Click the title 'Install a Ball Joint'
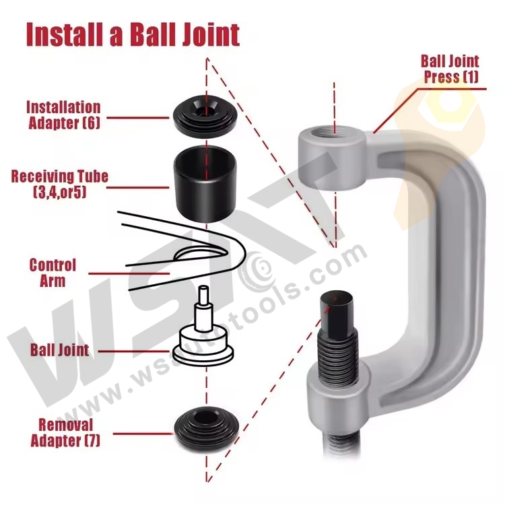(133, 34)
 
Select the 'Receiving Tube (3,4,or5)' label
(60, 184)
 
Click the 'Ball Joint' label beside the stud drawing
(59, 350)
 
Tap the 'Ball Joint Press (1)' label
(450, 69)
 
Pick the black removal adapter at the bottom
(203, 431)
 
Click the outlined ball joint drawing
(203, 337)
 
